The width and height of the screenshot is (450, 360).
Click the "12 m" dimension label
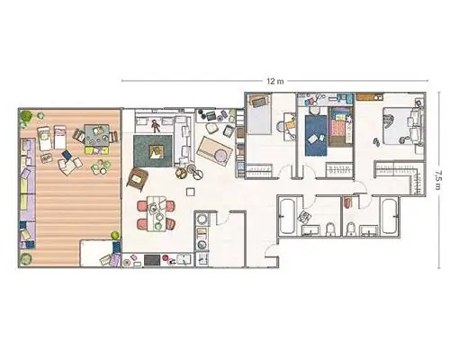[x=274, y=81]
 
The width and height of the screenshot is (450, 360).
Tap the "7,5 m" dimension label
[x=438, y=180]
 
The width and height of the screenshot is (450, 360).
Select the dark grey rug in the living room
[x=153, y=151]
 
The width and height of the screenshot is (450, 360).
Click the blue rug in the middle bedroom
[x=316, y=135]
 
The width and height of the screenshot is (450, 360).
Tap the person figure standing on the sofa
[x=155, y=126]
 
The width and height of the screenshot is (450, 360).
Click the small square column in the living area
[x=190, y=192]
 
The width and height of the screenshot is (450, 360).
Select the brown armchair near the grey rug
[x=138, y=179]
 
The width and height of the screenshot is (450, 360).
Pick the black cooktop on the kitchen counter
[x=152, y=260]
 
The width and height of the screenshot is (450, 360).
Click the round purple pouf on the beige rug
[x=221, y=156]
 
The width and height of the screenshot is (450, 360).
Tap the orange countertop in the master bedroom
[x=370, y=96]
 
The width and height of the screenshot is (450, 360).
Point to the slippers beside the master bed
[x=376, y=141]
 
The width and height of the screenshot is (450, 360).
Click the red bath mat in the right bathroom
[x=347, y=202]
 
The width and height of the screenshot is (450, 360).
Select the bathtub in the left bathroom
[x=287, y=216]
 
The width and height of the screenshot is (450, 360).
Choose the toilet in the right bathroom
[x=350, y=229]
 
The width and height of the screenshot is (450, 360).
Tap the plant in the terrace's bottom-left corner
[x=26, y=259]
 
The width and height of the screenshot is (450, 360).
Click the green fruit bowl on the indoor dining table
[x=158, y=226]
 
